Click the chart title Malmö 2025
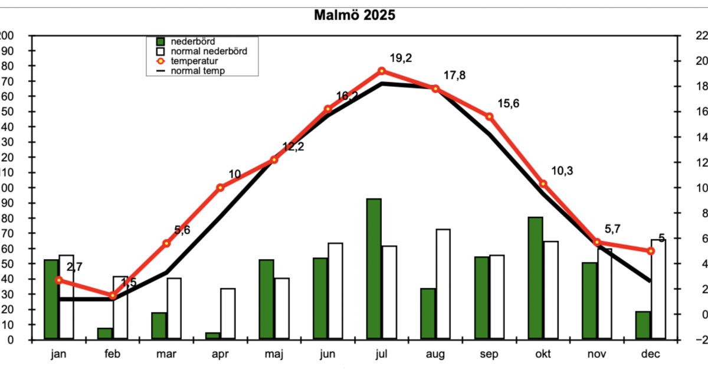pyautogui.click(x=354, y=15)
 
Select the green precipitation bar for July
pyautogui.click(x=373, y=269)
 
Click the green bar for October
pyautogui.click(x=535, y=278)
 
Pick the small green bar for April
pyautogui.click(x=212, y=335)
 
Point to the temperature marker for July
pyautogui.click(x=382, y=71)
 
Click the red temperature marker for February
pyautogui.click(x=113, y=295)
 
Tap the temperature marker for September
pyautogui.click(x=489, y=116)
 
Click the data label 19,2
pyautogui.click(x=401, y=58)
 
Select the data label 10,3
pyautogui.click(x=562, y=171)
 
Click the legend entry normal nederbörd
pyautogui.click(x=208, y=51)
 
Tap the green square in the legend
pyautogui.click(x=159, y=42)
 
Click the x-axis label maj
pyautogui.click(x=274, y=354)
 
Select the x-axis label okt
pyautogui.click(x=543, y=354)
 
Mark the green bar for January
pyautogui.click(x=51, y=299)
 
